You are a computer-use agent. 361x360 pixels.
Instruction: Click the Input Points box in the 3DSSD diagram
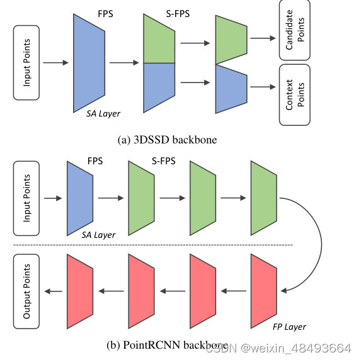click(26, 63)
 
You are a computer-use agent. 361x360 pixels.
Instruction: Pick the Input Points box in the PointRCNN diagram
click(26, 198)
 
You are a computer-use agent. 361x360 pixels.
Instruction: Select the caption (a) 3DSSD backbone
click(167, 140)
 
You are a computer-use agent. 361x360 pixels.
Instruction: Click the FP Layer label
click(289, 327)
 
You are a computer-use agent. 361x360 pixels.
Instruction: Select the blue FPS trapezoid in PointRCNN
click(80, 197)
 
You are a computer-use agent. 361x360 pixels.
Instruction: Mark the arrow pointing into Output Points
click(52, 291)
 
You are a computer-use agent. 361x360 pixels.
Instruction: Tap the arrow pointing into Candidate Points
click(263, 38)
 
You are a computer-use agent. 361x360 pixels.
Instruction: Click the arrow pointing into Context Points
click(263, 86)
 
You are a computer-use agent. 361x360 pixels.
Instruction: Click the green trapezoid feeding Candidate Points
click(230, 39)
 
